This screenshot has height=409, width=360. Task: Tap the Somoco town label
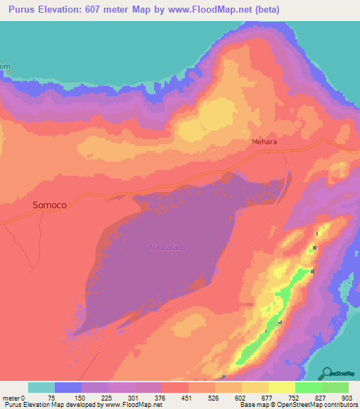50,204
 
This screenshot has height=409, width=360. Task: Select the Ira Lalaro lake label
167,247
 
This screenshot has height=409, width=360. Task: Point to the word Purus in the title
27,11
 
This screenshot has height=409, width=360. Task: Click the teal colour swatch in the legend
41,387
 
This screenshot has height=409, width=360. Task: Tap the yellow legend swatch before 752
281,387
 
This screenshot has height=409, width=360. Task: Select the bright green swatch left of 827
308,387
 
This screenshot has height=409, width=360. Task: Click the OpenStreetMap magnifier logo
328,373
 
